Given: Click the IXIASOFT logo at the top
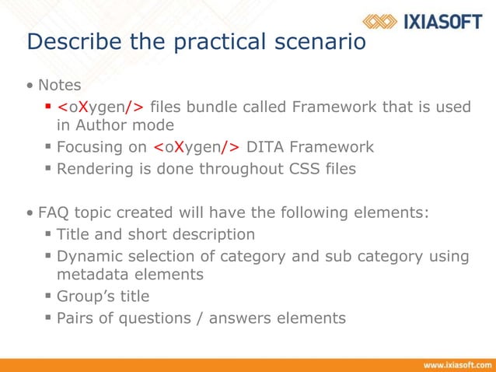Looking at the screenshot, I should click(423, 21).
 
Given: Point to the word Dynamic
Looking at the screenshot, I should click(89, 256).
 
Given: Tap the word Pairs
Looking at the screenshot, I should click(75, 318).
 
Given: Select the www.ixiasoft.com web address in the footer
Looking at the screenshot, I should click(454, 364).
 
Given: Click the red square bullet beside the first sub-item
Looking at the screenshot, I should click(48, 106).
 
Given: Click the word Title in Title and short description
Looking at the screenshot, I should click(74, 234).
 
